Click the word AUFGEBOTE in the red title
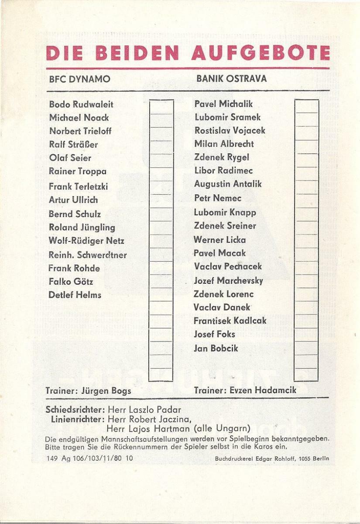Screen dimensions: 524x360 tap(260, 53)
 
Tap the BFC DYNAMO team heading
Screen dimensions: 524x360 tap(79, 79)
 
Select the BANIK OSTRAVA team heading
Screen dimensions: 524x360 tap(231, 79)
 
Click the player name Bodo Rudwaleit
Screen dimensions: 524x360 tap(81, 104)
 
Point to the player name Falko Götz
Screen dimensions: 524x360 tap(71, 282)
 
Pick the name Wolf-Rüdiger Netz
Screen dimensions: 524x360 tap(86, 241)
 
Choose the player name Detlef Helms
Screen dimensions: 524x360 tap(75, 295)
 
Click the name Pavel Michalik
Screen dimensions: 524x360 tap(223, 104)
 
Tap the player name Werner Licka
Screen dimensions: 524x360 tap(219, 240)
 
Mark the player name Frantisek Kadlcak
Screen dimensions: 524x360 tap(230, 321)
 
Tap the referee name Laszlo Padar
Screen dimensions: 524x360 tap(155, 410)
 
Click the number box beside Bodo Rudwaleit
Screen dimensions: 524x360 tap(161, 107)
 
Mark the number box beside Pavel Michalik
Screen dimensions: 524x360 tap(306, 107)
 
